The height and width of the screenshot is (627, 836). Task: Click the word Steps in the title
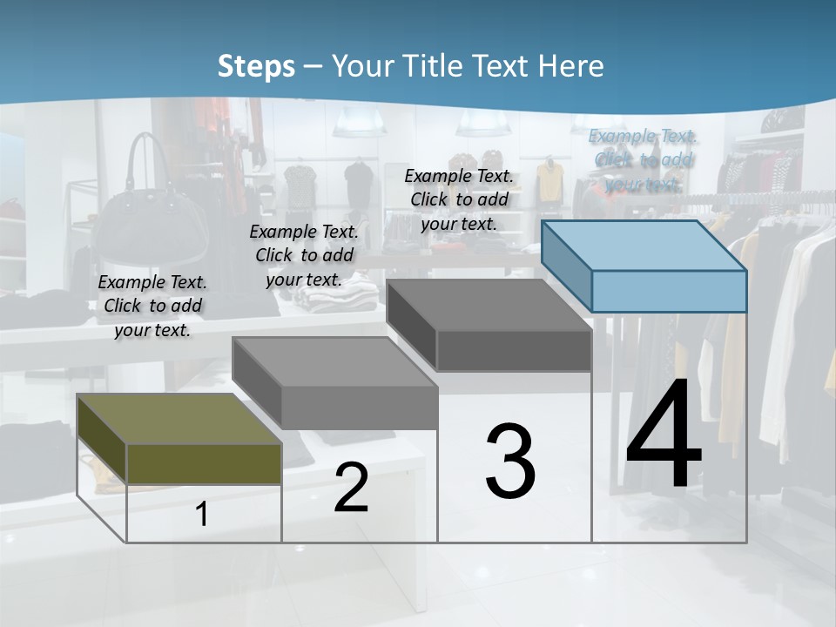(x=256, y=67)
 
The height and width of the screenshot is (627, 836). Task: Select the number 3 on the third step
(x=510, y=462)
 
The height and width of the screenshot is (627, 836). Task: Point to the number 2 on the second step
(x=351, y=488)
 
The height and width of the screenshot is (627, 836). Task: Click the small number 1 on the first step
(x=202, y=515)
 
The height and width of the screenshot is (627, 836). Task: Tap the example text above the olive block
(x=152, y=306)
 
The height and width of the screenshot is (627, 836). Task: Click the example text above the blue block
(x=643, y=159)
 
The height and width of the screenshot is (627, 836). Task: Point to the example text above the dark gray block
(x=459, y=199)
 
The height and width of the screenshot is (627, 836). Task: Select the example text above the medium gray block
(x=304, y=255)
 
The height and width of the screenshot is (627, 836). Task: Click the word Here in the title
(x=572, y=66)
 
